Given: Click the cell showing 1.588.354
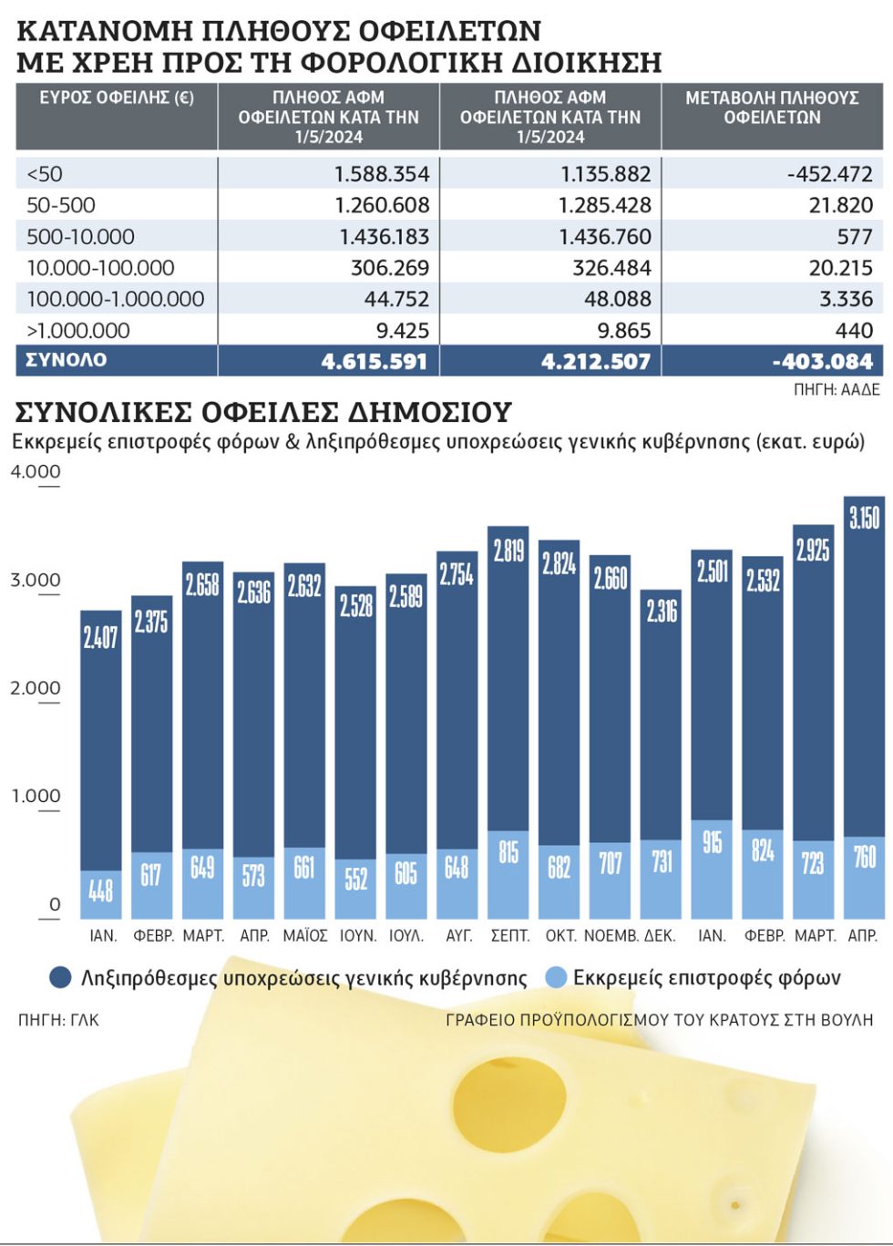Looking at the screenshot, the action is coord(382,174).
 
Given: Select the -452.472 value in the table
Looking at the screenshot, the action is coord(829,174).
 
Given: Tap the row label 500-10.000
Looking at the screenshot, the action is coord(80,237).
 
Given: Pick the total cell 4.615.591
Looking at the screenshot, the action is coord(374,362).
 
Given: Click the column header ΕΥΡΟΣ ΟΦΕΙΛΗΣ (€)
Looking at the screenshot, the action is coord(117,98).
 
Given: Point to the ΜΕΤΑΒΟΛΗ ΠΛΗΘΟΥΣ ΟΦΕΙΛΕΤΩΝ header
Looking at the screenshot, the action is coord(773,108).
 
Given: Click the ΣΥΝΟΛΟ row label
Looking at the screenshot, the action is coord(67,360).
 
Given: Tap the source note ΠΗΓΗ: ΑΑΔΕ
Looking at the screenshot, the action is coord(837,390).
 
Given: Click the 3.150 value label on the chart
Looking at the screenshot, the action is coord(864,518).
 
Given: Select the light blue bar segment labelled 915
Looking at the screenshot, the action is coord(711,870).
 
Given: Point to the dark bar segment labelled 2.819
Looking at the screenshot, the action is coord(508,679).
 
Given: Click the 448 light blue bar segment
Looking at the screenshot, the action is coord(100,894).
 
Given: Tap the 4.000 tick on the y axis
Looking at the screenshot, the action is coord(36,471).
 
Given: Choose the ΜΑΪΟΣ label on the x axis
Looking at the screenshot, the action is coord(304,935).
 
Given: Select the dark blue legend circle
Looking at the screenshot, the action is coord(60,977).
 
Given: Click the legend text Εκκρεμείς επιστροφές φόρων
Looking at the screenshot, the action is coord(707,978).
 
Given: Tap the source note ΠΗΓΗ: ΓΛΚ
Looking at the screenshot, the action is coord(58,1020).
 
